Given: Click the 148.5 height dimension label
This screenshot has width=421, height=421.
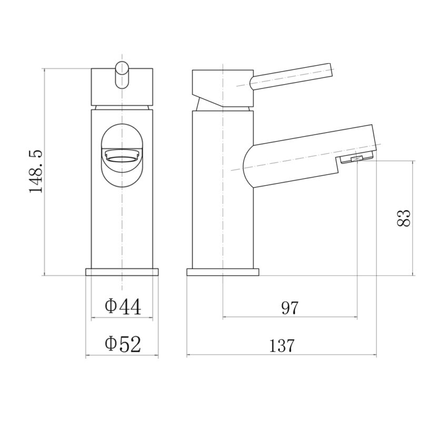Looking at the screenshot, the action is [x=36, y=171].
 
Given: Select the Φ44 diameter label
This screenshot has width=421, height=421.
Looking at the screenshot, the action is [x=123, y=307].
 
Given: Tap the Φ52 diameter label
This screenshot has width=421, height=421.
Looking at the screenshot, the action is [x=123, y=344].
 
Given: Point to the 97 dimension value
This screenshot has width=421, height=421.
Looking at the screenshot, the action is [x=290, y=308].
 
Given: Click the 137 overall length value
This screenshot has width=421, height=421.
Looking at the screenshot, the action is [x=282, y=346].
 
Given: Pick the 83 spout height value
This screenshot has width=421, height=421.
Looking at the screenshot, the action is [x=403, y=218].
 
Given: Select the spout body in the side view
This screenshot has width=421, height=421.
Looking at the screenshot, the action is [x=309, y=156].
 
